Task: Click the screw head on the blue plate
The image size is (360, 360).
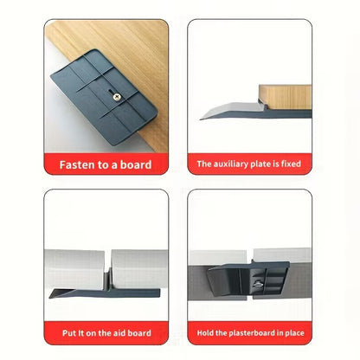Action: click(117, 97)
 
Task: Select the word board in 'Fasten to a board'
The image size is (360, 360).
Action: click(136, 164)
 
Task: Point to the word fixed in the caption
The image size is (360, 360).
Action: click(291, 164)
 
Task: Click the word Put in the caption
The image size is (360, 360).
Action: click(69, 333)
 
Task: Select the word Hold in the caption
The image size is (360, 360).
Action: click(205, 333)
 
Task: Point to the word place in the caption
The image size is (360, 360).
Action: click(294, 333)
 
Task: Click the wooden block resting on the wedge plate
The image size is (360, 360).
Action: click(285, 97)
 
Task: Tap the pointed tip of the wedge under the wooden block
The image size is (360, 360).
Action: click(201, 119)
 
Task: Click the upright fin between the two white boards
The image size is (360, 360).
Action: click(107, 279)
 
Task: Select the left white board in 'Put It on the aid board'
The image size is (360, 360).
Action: click(74, 269)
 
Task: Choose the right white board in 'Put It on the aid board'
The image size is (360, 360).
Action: click(139, 269)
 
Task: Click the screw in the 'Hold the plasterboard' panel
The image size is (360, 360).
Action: click(257, 284)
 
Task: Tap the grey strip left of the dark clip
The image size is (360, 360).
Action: click(198, 283)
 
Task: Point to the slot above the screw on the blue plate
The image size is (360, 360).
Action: click(109, 92)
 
